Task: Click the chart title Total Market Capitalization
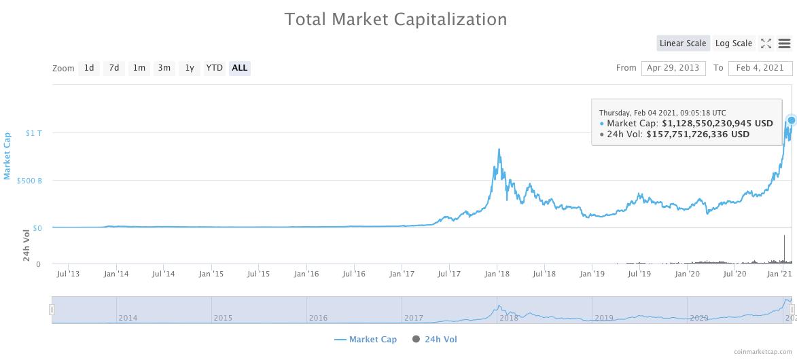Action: [x=395, y=19]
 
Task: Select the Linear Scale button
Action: [x=683, y=43]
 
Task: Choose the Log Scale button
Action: [x=733, y=43]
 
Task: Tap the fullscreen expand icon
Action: [x=766, y=43]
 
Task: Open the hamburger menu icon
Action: [x=784, y=43]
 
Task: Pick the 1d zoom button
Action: [x=89, y=68]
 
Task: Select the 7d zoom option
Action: [x=114, y=68]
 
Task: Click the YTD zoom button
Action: [x=215, y=68]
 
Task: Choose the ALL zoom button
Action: [x=239, y=68]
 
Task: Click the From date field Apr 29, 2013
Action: [x=673, y=68]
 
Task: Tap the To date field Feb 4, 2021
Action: [x=760, y=68]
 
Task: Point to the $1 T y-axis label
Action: [x=33, y=133]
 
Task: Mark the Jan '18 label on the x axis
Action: [x=497, y=274]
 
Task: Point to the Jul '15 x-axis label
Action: [x=260, y=274]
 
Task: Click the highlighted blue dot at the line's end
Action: [x=791, y=120]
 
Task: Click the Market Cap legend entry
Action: [x=366, y=339]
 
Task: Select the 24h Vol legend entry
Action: [x=435, y=339]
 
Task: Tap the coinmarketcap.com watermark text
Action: [x=762, y=351]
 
